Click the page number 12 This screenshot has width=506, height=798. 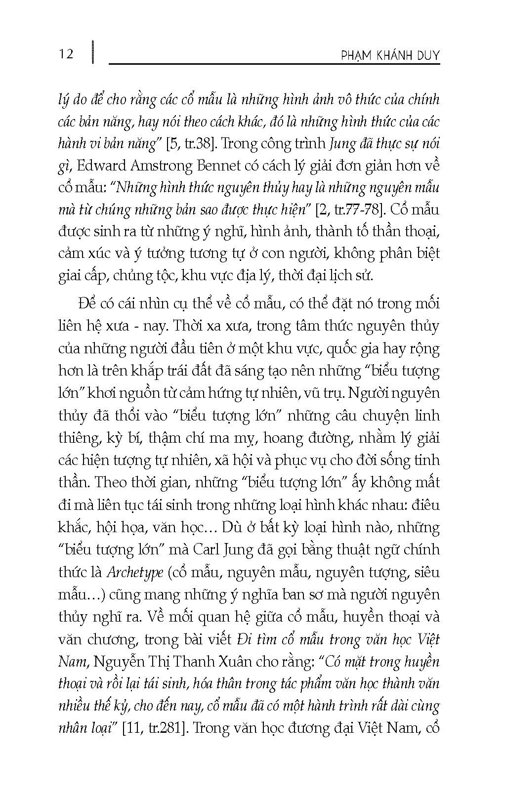[66, 53]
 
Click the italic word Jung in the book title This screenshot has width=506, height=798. [342, 144]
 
